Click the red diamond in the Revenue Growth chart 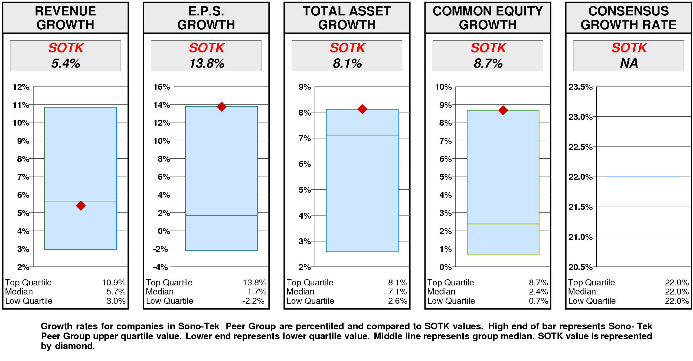point(81,205)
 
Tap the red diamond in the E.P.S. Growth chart point(221,106)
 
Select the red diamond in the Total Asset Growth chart point(362,109)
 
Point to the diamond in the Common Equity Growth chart point(503,110)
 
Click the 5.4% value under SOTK point(66,63)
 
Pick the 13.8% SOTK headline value point(207,63)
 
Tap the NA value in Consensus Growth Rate point(629,63)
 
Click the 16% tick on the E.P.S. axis point(161,87)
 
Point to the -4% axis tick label point(161,267)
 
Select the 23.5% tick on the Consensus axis point(580,87)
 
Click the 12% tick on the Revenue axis point(21,87)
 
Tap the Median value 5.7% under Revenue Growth point(116,292)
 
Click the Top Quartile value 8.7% point(538,282)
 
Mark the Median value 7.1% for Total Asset point(397,292)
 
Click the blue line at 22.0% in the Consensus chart point(644,177)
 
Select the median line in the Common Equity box point(503,224)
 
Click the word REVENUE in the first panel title point(66,11)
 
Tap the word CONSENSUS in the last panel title point(629,11)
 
